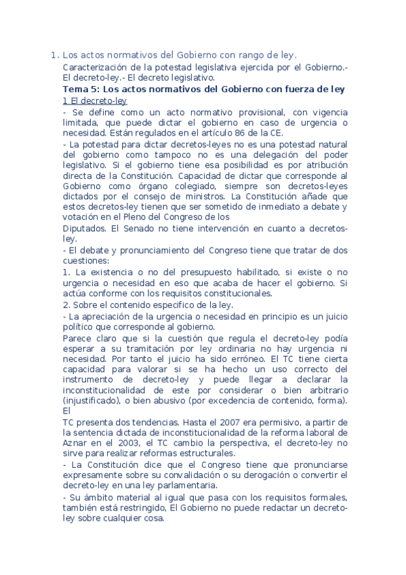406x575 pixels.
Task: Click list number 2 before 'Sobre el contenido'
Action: point(65,304)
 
